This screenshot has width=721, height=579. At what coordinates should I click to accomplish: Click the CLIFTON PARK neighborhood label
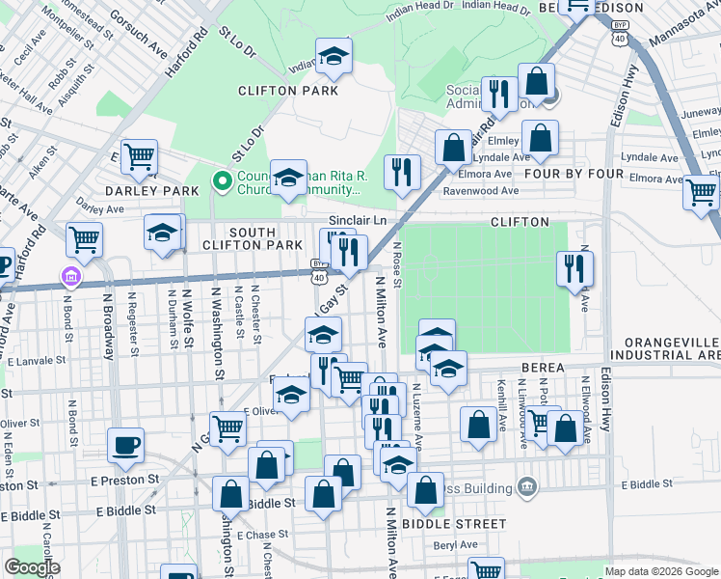[x=288, y=91]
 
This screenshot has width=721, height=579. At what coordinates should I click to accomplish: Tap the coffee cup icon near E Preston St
[x=125, y=446]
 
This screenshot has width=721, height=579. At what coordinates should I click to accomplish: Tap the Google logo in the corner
[x=32, y=567]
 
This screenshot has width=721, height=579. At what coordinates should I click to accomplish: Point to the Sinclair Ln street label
[x=358, y=221]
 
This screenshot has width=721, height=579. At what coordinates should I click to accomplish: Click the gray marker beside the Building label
[x=526, y=483]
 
